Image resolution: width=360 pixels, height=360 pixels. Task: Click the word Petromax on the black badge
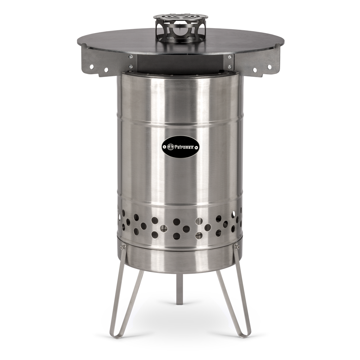click(x=183, y=147)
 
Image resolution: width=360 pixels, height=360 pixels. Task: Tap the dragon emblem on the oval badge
click(x=170, y=147)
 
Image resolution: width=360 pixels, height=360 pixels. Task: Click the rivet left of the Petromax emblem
click(x=165, y=147)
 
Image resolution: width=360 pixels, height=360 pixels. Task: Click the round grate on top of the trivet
click(x=180, y=17)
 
